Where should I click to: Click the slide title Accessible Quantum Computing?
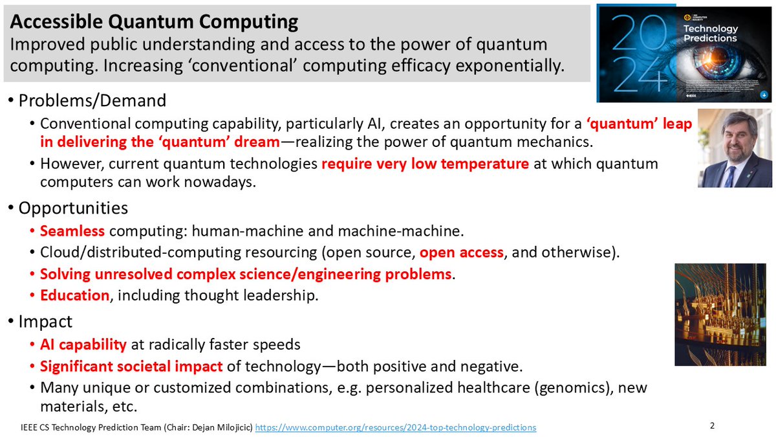tap(154, 22)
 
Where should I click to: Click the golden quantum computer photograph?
tap(720, 314)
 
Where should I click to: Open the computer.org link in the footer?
tap(396, 427)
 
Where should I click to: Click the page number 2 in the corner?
tap(712, 425)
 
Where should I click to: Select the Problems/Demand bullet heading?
tap(92, 100)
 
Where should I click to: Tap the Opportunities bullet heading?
tap(73, 208)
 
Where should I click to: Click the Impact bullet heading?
tap(45, 321)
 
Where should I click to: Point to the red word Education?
tap(74, 296)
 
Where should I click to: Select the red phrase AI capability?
tap(83, 344)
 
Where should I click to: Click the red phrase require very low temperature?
tap(425, 164)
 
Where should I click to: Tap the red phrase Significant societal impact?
tap(131, 366)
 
